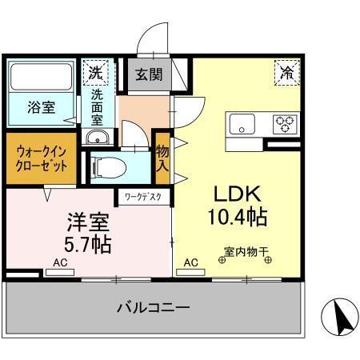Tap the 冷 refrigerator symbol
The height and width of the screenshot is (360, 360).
click(287, 72)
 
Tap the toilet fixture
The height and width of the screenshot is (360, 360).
click(108, 167)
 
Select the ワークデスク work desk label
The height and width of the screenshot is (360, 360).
click(142, 194)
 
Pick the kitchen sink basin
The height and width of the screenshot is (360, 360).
click(241, 123)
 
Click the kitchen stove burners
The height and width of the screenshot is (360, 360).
click(284, 123)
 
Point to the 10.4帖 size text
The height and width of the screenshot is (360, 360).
click(235, 217)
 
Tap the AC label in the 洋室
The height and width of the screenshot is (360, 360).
click(61, 262)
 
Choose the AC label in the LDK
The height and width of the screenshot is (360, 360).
click(191, 262)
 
